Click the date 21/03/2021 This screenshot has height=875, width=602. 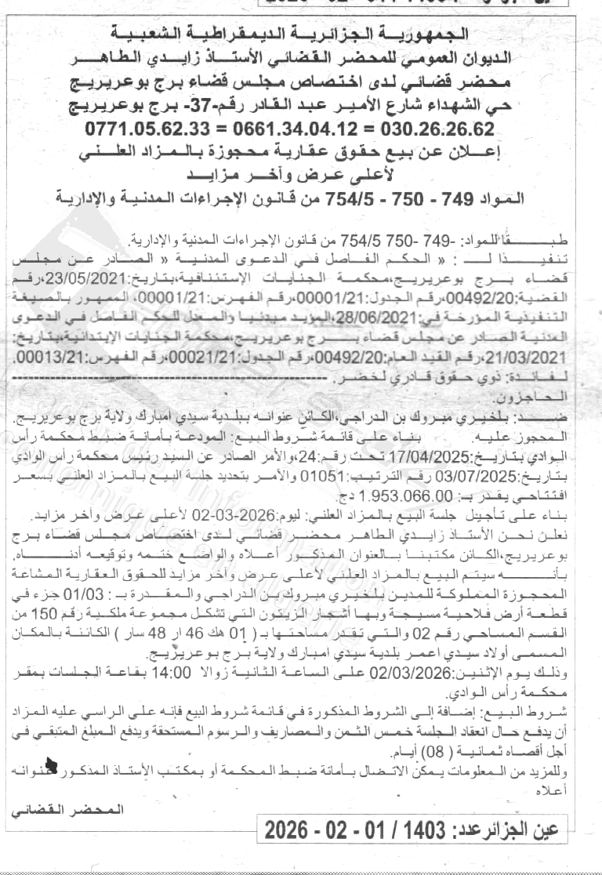tap(45, 354)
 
